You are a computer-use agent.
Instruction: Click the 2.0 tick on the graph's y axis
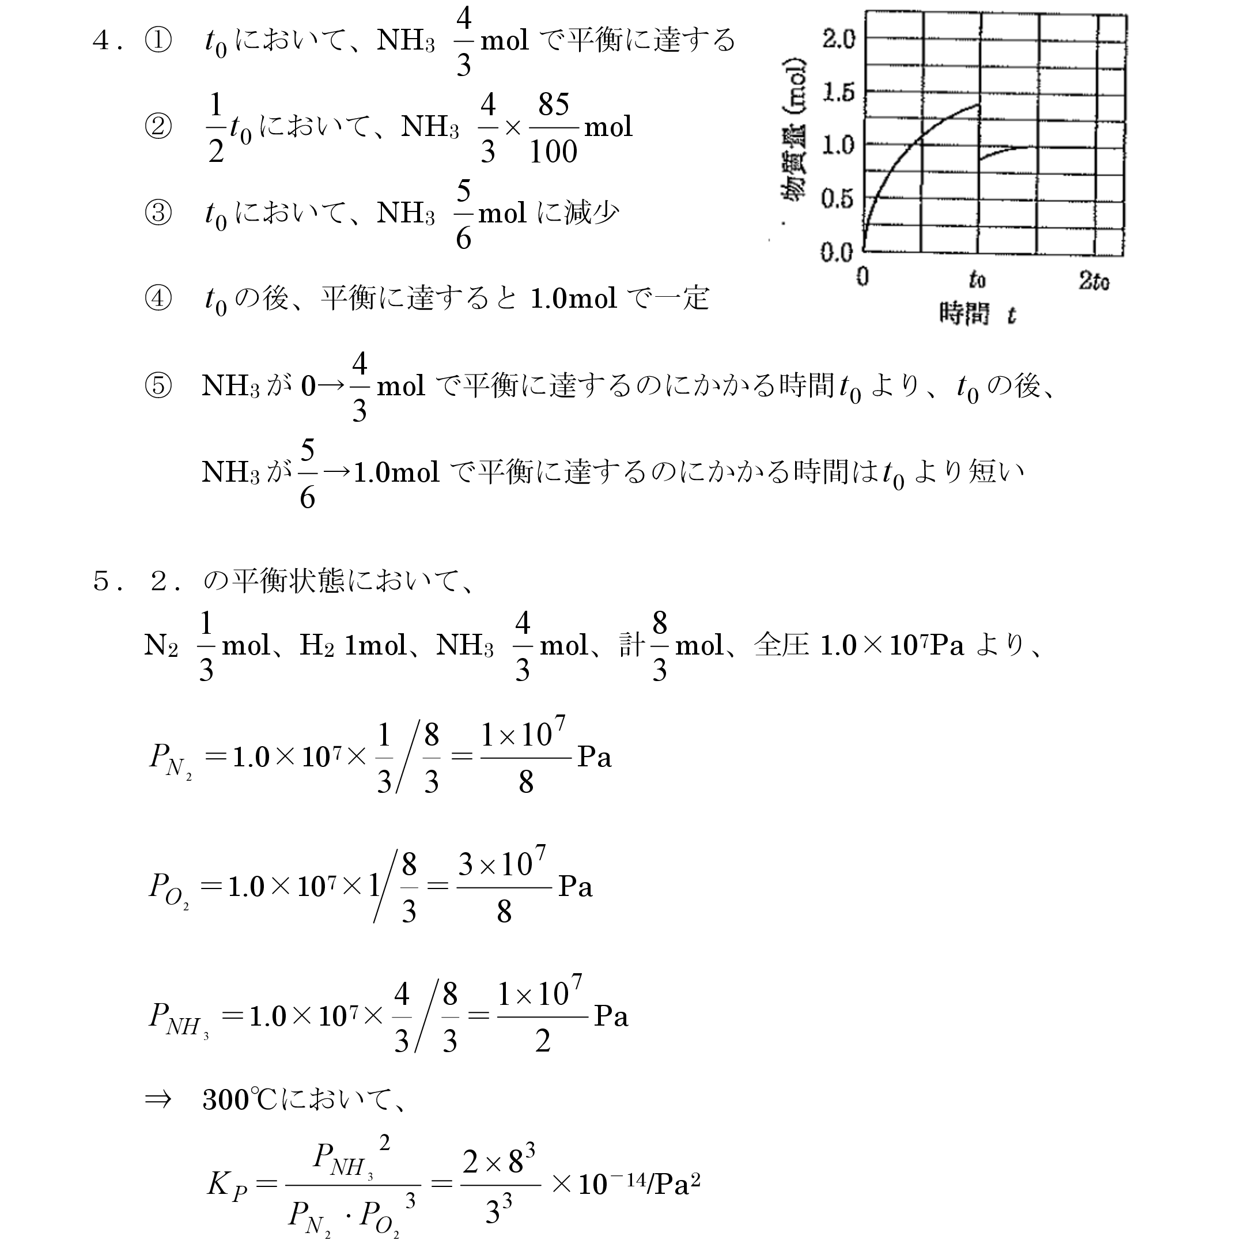click(x=838, y=39)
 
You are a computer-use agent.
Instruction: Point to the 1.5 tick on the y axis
click(x=838, y=93)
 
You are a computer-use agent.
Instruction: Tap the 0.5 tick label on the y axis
click(x=837, y=199)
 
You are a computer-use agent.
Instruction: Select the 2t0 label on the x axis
click(x=1094, y=281)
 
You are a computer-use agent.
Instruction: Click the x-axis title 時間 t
click(x=976, y=314)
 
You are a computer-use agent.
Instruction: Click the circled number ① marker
click(x=158, y=40)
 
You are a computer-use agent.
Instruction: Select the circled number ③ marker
click(x=158, y=213)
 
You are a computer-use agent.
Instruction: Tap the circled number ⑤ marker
click(x=158, y=385)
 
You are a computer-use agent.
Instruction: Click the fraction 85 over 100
click(x=553, y=127)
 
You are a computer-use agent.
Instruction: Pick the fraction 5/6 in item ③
click(x=463, y=214)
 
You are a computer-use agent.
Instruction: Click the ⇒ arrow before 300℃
click(x=158, y=1099)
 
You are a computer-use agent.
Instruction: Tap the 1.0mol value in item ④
click(x=573, y=298)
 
